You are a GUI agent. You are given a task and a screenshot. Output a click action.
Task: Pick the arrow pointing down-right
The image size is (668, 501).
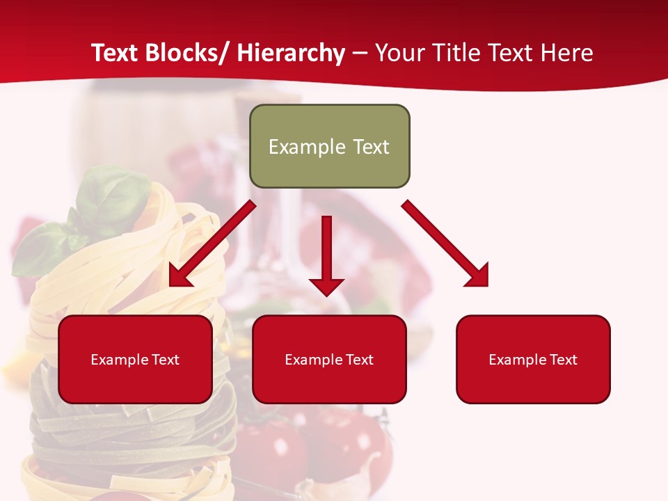coord(445,244)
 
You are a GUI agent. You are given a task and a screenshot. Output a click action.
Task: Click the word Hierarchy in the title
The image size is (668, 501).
coord(291,53)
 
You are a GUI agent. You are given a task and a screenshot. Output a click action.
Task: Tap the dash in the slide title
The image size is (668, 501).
coord(360,54)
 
